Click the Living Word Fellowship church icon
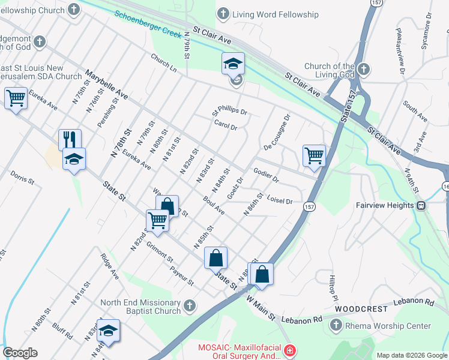point(223,13)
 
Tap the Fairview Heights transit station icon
point(421,205)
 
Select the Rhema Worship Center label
point(387,326)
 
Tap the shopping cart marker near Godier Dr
point(314,156)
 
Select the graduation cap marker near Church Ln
point(233,64)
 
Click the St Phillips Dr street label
point(229,112)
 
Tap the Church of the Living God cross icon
point(363,70)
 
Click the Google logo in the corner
point(20,353)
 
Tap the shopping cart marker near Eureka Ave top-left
point(16,98)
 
